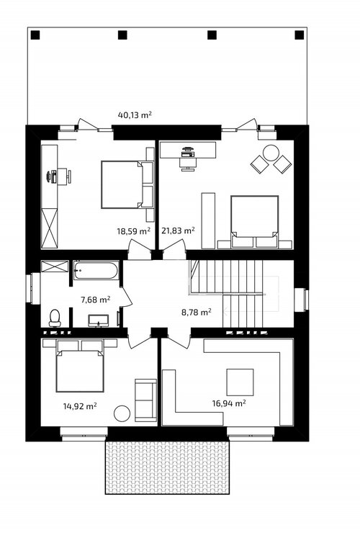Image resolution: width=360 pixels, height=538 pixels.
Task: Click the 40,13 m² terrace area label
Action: click(135, 115)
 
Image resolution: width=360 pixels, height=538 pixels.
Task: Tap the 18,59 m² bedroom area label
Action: click(134, 231)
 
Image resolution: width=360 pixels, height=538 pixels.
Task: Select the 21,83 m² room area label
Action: click(179, 230)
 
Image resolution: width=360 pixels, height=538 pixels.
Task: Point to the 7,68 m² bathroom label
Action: click(95, 300)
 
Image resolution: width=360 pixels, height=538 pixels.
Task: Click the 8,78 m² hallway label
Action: click(196, 313)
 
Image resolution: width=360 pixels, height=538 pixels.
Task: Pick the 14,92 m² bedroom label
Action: click(80, 406)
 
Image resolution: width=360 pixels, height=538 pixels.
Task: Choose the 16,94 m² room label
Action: click(229, 403)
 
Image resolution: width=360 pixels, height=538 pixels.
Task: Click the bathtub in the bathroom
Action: click(96, 270)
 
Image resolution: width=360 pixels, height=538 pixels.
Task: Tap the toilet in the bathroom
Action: click(55, 318)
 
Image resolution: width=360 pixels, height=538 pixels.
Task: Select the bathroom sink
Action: click(99, 320)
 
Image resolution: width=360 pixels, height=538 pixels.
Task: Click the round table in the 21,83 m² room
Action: click(271, 153)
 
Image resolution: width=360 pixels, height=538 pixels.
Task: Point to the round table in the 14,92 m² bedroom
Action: click(122, 413)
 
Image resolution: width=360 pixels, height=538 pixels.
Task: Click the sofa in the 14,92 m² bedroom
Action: click(145, 400)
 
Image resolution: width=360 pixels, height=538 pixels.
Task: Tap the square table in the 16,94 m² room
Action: click(240, 382)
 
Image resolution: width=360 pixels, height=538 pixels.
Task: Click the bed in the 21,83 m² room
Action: click(254, 222)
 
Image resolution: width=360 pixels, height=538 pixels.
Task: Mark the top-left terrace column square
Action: click(36, 35)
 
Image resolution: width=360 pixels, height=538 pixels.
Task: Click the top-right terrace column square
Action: click(300, 35)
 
